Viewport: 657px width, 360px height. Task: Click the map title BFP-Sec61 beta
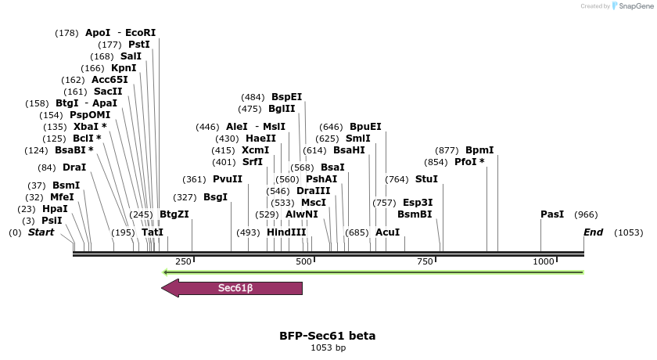click(327, 336)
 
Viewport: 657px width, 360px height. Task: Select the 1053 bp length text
click(328, 347)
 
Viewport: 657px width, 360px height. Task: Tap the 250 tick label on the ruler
click(184, 261)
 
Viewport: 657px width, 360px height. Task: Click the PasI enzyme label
click(552, 214)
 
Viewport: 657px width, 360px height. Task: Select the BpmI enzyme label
click(479, 150)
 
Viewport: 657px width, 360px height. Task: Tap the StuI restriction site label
click(426, 179)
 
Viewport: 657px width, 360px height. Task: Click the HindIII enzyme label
click(286, 232)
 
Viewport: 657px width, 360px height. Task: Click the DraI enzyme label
click(74, 167)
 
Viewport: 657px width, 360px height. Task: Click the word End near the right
click(593, 232)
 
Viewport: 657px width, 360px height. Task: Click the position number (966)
click(586, 214)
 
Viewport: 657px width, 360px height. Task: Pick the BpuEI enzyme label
click(365, 127)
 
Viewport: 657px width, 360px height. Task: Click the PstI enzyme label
click(139, 45)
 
